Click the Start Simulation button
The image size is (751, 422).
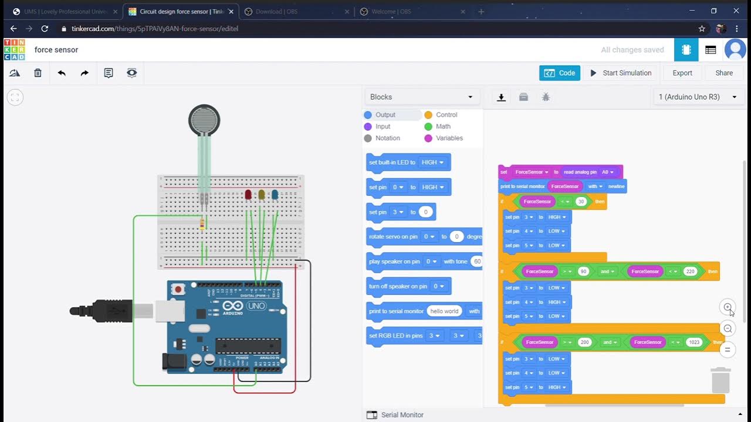(621, 73)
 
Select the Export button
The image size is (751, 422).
(682, 73)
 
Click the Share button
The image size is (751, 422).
(723, 73)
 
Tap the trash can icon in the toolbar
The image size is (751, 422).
(38, 73)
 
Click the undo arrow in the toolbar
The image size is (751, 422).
(62, 73)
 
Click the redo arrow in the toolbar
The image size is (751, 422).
(84, 73)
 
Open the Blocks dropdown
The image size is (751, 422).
(421, 97)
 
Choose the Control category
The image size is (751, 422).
(446, 115)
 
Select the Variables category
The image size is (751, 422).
(449, 138)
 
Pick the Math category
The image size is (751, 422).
(443, 127)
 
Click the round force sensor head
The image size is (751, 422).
(204, 121)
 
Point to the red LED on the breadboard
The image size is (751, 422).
(248, 194)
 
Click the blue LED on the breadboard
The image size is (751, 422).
(275, 194)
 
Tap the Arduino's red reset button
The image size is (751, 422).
(177, 289)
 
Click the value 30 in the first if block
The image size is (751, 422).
(581, 202)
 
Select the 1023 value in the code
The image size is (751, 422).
(694, 342)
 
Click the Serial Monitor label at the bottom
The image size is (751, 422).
(402, 415)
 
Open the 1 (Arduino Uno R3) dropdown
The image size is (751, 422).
(698, 97)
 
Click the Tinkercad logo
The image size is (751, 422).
(15, 50)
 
